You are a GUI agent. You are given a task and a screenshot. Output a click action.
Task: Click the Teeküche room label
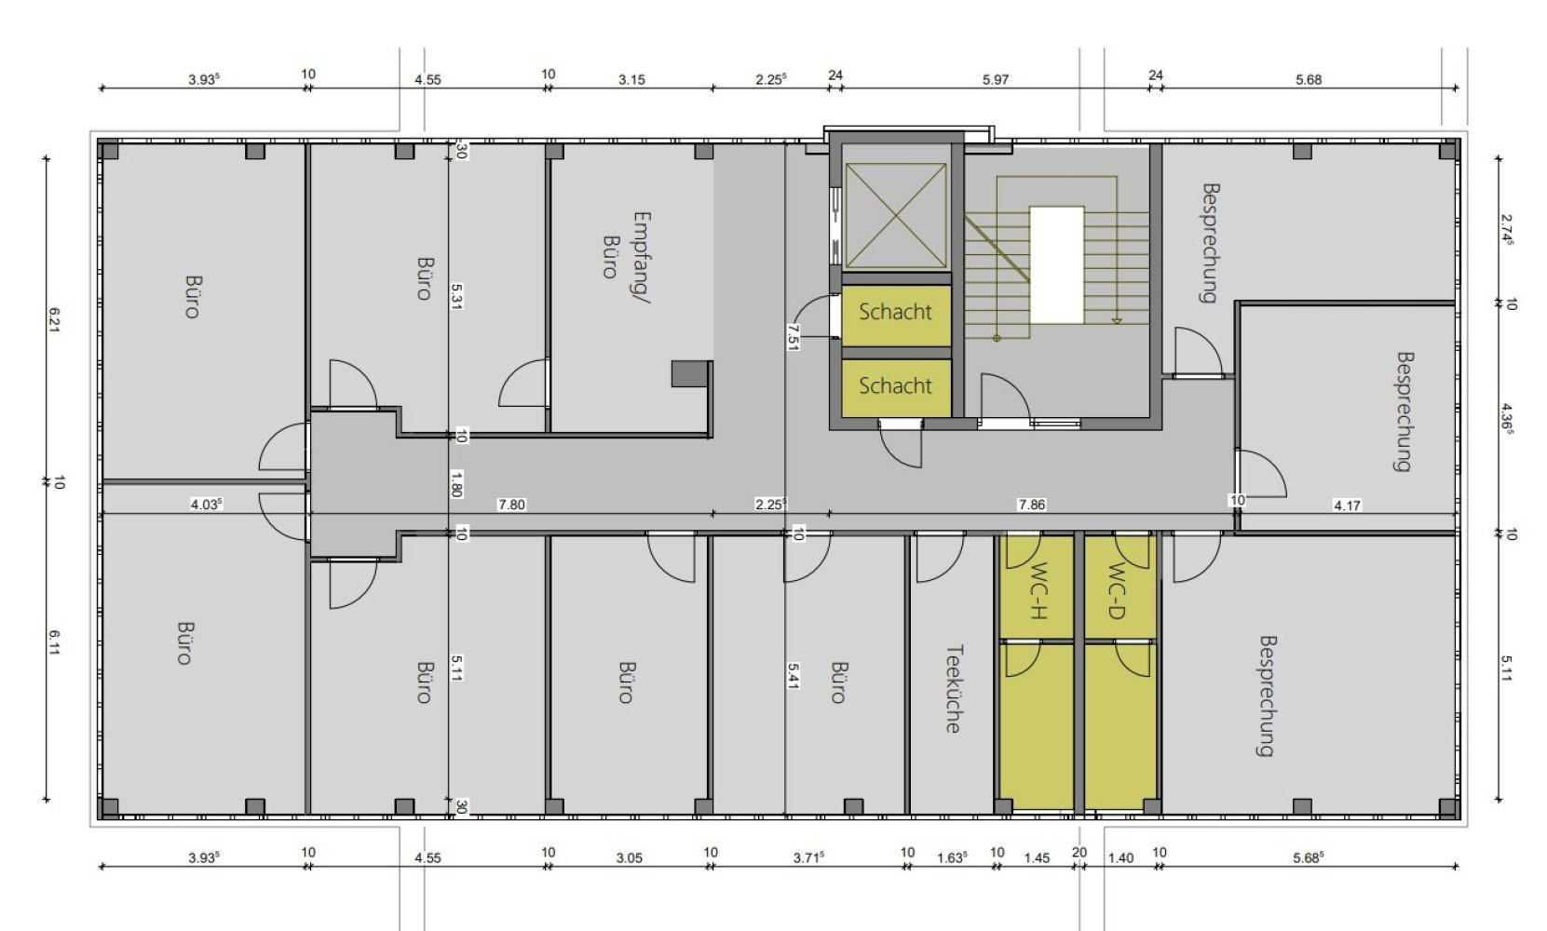point(954,689)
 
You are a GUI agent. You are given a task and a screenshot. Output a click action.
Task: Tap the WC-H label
point(1038,591)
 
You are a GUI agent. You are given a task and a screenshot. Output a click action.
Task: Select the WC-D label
point(1117,591)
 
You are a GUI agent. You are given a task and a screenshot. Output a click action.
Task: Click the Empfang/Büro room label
point(627,257)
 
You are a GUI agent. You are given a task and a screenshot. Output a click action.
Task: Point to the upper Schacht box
point(896,314)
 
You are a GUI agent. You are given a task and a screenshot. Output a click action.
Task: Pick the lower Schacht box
point(896,387)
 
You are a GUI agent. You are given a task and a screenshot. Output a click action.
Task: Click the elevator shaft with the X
point(896,215)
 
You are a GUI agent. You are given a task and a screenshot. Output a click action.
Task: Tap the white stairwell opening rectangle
point(1057,264)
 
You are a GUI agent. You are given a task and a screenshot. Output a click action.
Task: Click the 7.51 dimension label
point(793,337)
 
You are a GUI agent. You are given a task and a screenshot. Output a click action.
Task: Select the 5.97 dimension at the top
point(996,79)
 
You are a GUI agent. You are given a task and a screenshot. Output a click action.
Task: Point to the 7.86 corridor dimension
point(1031,505)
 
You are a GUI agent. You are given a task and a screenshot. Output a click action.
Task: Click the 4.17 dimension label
point(1347,506)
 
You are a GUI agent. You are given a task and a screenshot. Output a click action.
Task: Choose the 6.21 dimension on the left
point(55,320)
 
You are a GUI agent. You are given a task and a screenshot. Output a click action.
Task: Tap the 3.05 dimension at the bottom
point(630,857)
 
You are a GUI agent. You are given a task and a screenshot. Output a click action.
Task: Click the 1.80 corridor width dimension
point(455,484)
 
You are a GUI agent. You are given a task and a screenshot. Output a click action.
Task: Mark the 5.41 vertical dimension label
point(793,676)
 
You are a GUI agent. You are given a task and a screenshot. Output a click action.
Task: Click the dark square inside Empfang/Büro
point(690,373)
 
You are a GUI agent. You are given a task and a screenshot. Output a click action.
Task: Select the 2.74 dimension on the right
point(1507,230)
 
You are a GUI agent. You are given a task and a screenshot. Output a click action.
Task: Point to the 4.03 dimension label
point(206,505)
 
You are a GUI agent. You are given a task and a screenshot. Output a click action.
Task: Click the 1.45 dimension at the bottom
point(1037,857)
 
